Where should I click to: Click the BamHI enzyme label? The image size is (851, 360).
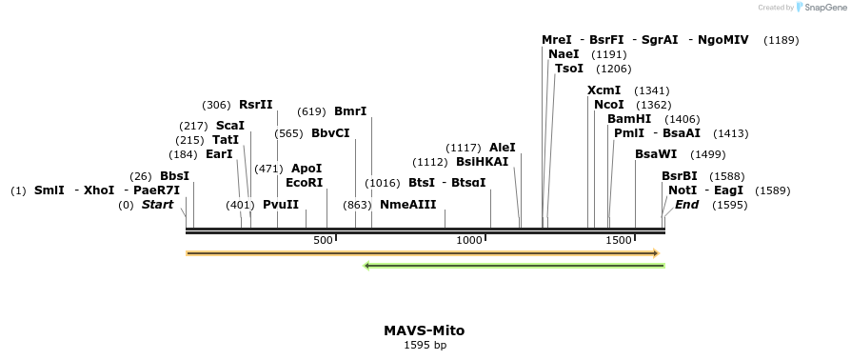[x=629, y=119]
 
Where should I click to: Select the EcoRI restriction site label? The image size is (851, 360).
[x=304, y=182]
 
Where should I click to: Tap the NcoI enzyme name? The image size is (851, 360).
[x=608, y=104]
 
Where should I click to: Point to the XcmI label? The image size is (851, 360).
[x=604, y=90]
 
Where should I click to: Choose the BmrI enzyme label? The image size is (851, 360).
[x=350, y=111]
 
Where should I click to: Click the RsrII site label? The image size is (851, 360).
[x=255, y=105]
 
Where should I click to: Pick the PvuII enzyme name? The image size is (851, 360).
[x=281, y=205]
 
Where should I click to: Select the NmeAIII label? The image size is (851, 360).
[x=407, y=205]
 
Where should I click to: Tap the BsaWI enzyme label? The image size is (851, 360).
[x=656, y=154]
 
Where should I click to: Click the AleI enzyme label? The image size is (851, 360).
[x=502, y=148]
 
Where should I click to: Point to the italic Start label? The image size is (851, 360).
[x=159, y=205]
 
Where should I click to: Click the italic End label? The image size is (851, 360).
[x=686, y=205]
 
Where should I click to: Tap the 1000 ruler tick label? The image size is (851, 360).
[x=469, y=239]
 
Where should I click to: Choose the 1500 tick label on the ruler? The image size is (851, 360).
[x=619, y=239]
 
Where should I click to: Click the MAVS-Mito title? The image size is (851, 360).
[x=425, y=330]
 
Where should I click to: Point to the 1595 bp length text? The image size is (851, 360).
[x=425, y=345]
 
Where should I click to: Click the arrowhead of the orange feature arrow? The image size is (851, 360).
[x=655, y=253]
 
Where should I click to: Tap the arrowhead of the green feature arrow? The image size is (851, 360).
[x=368, y=266]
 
